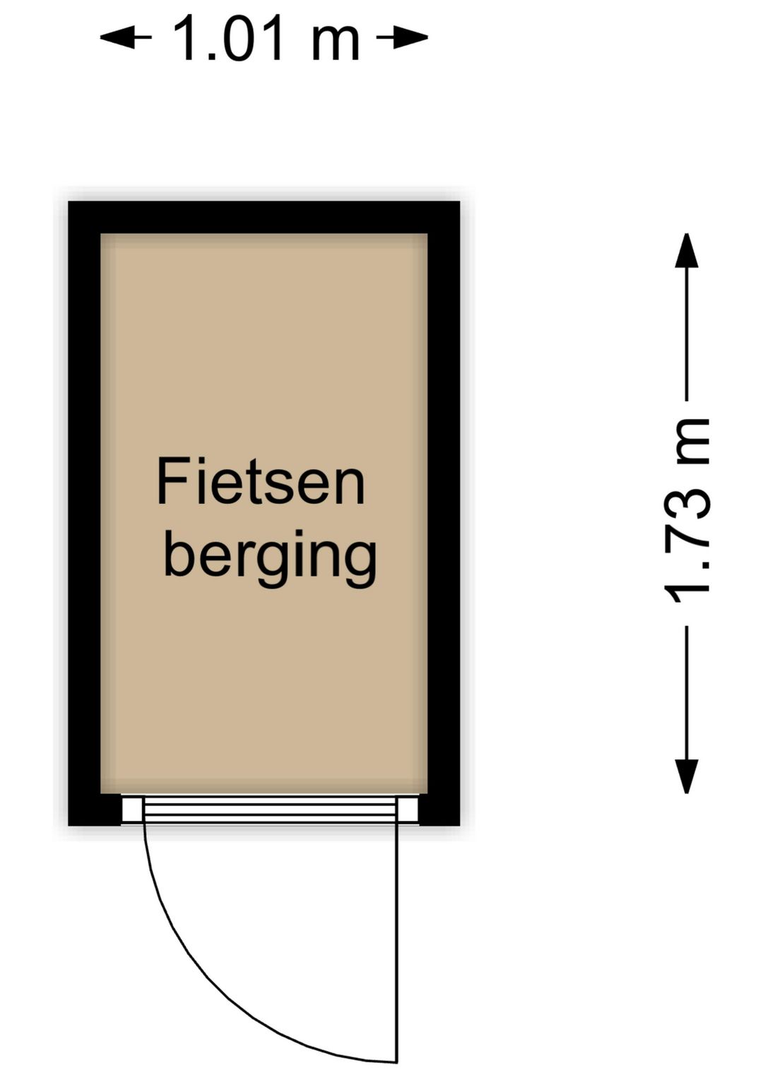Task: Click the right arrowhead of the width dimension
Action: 411,37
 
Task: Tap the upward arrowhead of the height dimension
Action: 687,250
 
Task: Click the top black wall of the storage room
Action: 264,217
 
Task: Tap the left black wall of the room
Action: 84,514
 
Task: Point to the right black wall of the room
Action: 444,514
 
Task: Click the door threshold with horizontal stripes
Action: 270,809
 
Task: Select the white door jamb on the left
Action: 132,809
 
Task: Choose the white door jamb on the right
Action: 408,809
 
